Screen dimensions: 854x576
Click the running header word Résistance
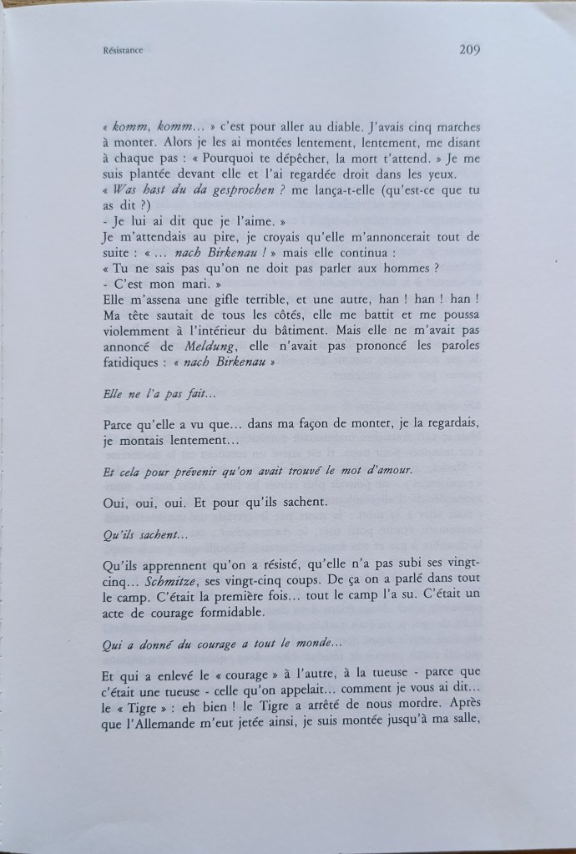point(119,51)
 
